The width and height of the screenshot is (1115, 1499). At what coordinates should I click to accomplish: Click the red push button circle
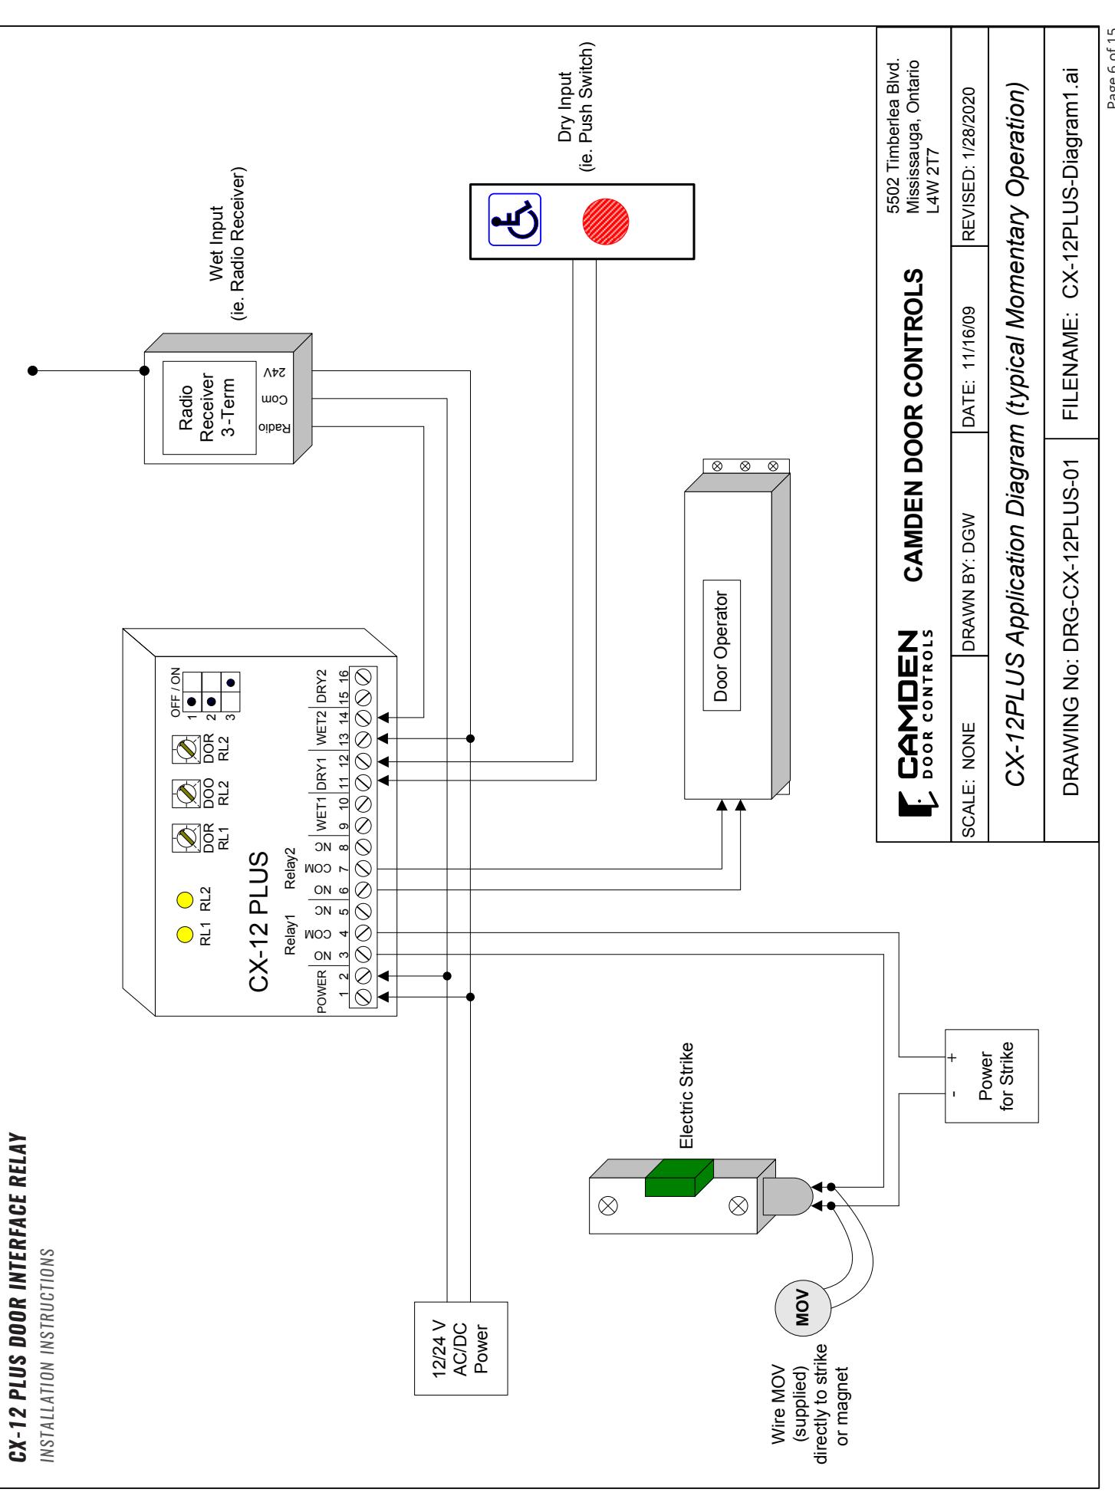point(606,222)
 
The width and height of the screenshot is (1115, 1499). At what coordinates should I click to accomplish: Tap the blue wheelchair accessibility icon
point(515,219)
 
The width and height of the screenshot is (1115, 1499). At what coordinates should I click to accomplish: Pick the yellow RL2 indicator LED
point(184,898)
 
